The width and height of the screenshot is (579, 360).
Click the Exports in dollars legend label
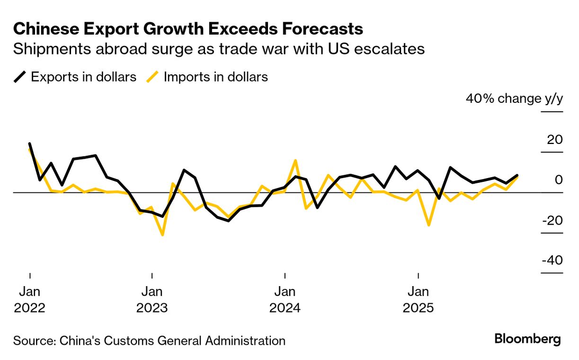(83, 77)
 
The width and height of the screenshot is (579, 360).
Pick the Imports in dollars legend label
(215, 77)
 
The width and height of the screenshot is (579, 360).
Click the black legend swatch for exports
(20, 77)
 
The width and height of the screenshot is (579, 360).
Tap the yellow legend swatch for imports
(152, 77)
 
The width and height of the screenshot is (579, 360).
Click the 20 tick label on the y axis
(554, 140)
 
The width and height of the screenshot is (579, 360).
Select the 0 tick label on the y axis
(559, 180)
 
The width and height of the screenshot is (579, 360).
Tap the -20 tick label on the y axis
(552, 221)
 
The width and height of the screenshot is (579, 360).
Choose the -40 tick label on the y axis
(552, 261)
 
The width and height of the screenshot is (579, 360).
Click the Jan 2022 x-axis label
(30, 299)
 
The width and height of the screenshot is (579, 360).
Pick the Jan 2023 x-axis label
(152, 299)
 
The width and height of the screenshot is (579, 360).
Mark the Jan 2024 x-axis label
(285, 299)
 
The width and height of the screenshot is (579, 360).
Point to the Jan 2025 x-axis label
(419, 299)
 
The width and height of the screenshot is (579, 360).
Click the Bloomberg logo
(527, 339)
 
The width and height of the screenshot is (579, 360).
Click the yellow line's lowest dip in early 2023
(162, 234)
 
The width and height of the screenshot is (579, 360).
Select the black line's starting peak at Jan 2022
(30, 144)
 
